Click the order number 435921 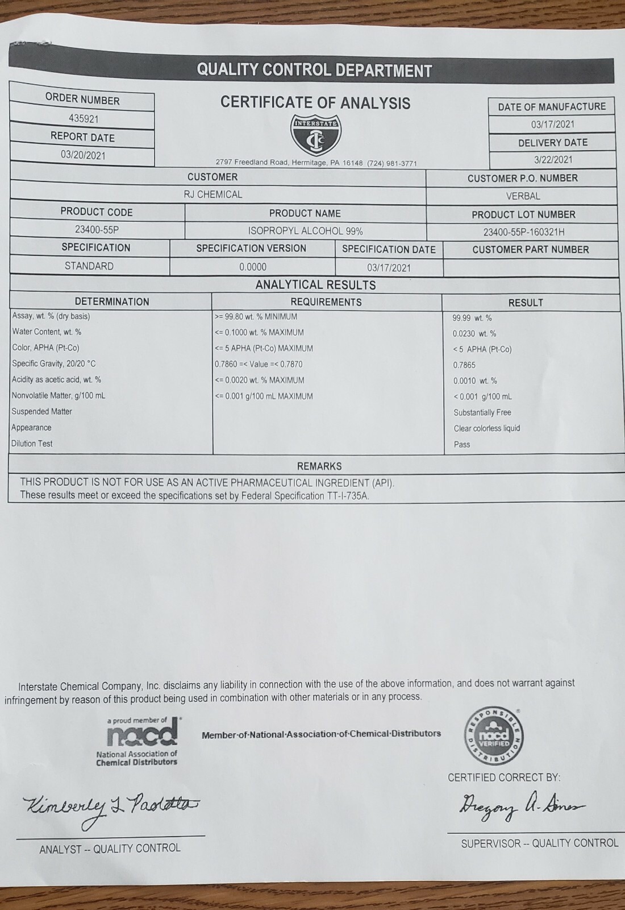point(84,119)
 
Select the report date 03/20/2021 point(83,155)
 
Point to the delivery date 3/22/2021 point(552,160)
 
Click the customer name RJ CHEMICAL point(213,195)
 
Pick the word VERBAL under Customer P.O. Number point(523,196)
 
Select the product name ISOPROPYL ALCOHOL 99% point(305,231)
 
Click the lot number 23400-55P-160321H point(523,232)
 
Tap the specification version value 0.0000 point(252,267)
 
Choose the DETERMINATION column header point(112,301)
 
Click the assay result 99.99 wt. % point(472,318)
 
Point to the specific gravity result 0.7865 point(464,365)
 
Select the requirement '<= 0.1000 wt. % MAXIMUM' point(259,332)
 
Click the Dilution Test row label point(32,444)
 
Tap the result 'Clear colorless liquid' point(487,428)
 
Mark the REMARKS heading point(319,466)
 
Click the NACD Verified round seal point(495,737)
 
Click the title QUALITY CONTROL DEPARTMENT point(314,71)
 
